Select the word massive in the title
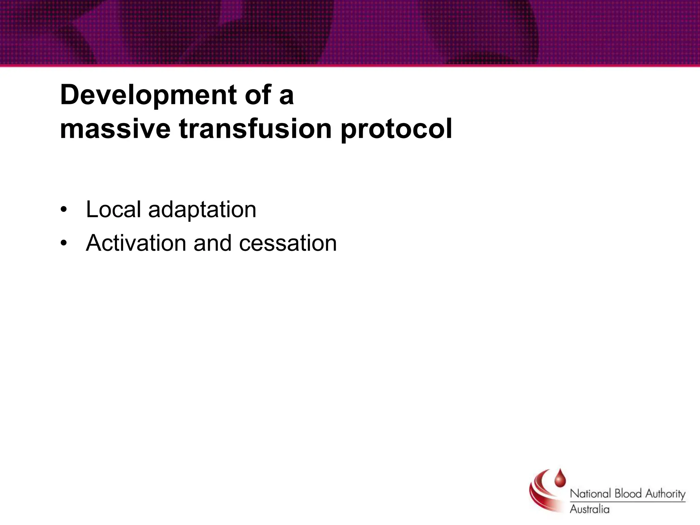tap(115, 129)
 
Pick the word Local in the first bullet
tap(113, 209)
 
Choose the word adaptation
tap(202, 210)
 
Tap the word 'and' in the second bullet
tap(212, 243)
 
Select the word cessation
tap(288, 243)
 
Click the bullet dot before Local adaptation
tap(63, 210)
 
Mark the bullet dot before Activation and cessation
tap(63, 243)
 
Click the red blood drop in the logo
tap(560, 479)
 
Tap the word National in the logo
tap(590, 494)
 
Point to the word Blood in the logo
tap(628, 494)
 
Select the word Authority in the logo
tap(665, 494)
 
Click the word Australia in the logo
tap(589, 509)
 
